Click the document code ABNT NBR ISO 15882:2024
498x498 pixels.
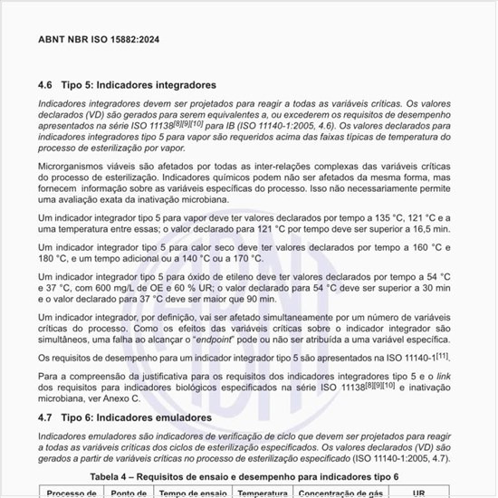[x=99, y=41]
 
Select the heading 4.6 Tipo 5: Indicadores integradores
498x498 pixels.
[x=127, y=84]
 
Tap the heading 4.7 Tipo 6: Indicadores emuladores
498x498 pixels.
[x=125, y=417]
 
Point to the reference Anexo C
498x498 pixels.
[x=122, y=397]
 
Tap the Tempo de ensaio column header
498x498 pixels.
[x=193, y=493]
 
